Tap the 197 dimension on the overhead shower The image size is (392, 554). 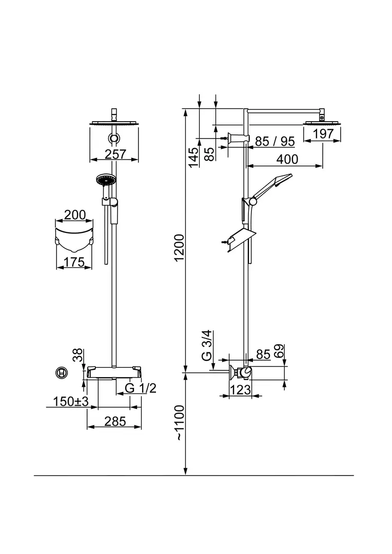[x=323, y=134]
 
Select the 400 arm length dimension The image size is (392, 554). [x=287, y=159]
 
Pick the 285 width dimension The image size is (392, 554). [x=115, y=422]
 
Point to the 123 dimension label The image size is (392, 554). [x=239, y=390]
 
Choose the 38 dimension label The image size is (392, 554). [x=77, y=355]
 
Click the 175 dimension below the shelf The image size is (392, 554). [x=74, y=263]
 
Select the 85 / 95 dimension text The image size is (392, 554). [x=275, y=141]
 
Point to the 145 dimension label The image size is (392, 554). [x=193, y=157]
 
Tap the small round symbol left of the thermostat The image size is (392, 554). [x=61, y=372]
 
